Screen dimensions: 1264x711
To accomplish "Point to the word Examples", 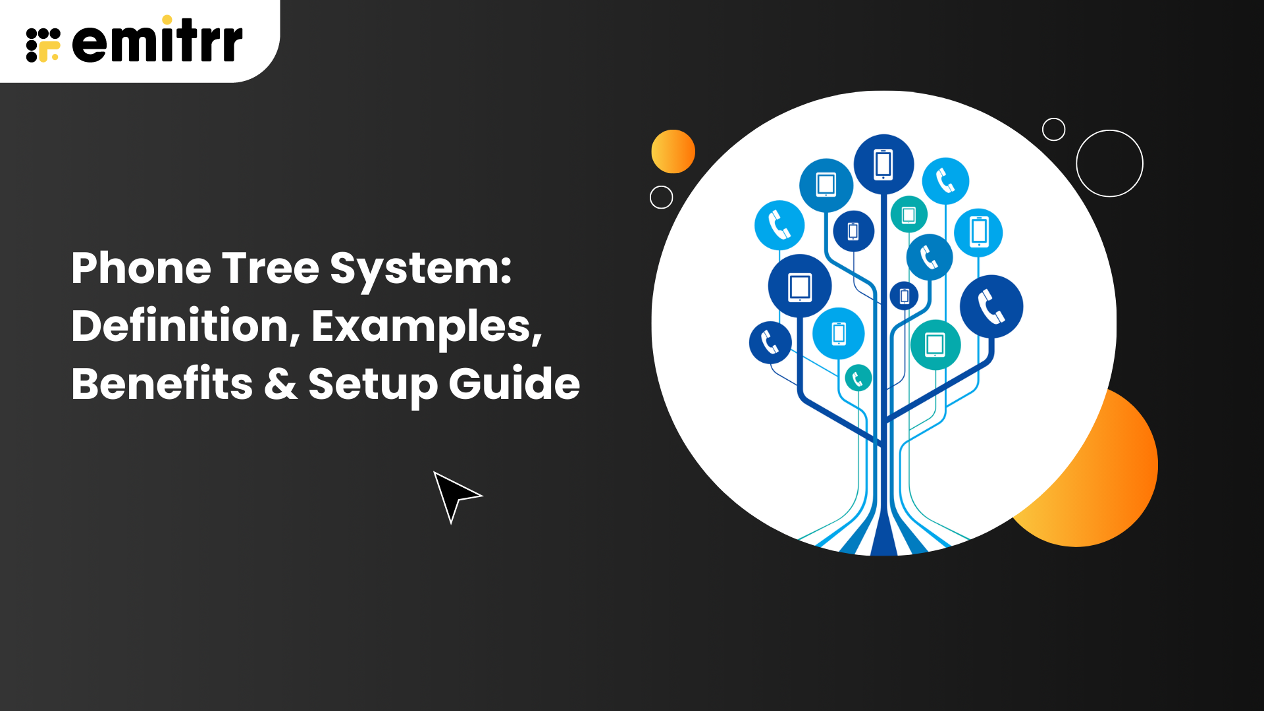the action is [x=427, y=327].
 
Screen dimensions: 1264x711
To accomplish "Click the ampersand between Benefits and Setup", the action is [x=280, y=384].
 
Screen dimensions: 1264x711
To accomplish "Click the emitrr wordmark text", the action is [x=157, y=41].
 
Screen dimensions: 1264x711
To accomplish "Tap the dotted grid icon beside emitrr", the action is [x=43, y=45].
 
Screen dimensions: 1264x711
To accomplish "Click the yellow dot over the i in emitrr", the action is [x=167, y=20].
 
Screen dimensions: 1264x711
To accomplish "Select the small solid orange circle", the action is [x=673, y=151].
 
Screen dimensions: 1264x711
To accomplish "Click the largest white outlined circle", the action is [x=1109, y=130].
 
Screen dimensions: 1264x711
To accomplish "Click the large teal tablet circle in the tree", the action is [x=935, y=344].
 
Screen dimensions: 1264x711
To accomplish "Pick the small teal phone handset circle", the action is [x=858, y=378].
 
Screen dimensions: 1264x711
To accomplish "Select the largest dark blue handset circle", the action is [x=991, y=307].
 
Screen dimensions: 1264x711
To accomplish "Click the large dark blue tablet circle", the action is [x=800, y=286].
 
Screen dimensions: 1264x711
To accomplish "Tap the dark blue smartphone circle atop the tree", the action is [x=883, y=165].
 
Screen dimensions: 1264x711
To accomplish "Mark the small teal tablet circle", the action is [x=908, y=215].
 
